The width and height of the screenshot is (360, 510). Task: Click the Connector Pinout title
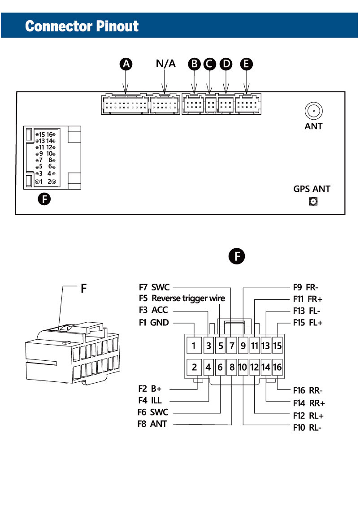pyautogui.click(x=82, y=26)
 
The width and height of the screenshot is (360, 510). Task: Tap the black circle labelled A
pyautogui.click(x=127, y=64)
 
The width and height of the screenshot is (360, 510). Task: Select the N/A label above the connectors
pyautogui.click(x=166, y=64)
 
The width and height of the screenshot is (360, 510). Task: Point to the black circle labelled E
pyautogui.click(x=246, y=64)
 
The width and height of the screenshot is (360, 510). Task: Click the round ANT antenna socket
pyautogui.click(x=314, y=110)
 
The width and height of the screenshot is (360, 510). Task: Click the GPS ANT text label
pyautogui.click(x=312, y=189)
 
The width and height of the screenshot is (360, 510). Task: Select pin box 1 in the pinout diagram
pyautogui.click(x=194, y=346)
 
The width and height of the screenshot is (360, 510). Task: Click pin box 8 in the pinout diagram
pyautogui.click(x=232, y=367)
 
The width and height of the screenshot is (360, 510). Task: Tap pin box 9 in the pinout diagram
pyautogui.click(x=243, y=346)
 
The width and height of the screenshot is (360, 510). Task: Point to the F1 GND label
pyautogui.click(x=154, y=322)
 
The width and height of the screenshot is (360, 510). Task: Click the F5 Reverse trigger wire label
pyautogui.click(x=182, y=298)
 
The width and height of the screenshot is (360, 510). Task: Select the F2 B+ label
pyautogui.click(x=150, y=389)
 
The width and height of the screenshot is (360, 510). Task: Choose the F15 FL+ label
pyautogui.click(x=308, y=322)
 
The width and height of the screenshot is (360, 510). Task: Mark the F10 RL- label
pyautogui.click(x=307, y=427)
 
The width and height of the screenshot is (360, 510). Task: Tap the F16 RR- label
pyautogui.click(x=308, y=390)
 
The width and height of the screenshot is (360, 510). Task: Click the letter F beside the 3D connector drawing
pyautogui.click(x=83, y=289)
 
